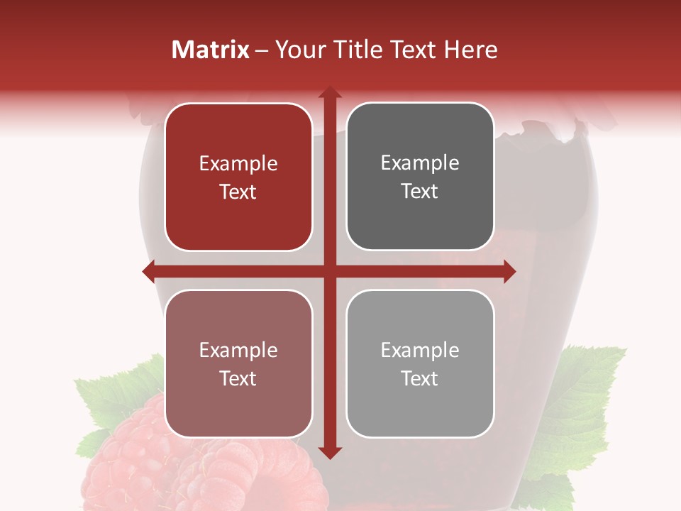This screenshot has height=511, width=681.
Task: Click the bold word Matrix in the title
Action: click(x=211, y=50)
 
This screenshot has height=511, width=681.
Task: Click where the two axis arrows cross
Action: click(x=329, y=271)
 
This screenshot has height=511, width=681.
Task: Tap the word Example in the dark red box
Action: click(x=238, y=164)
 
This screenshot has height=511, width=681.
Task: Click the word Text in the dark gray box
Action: click(x=420, y=192)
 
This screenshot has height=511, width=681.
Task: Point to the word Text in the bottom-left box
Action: click(x=238, y=378)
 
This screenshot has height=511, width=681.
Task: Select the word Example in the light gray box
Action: click(x=420, y=350)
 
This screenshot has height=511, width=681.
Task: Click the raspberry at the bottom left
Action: click(x=142, y=461)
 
